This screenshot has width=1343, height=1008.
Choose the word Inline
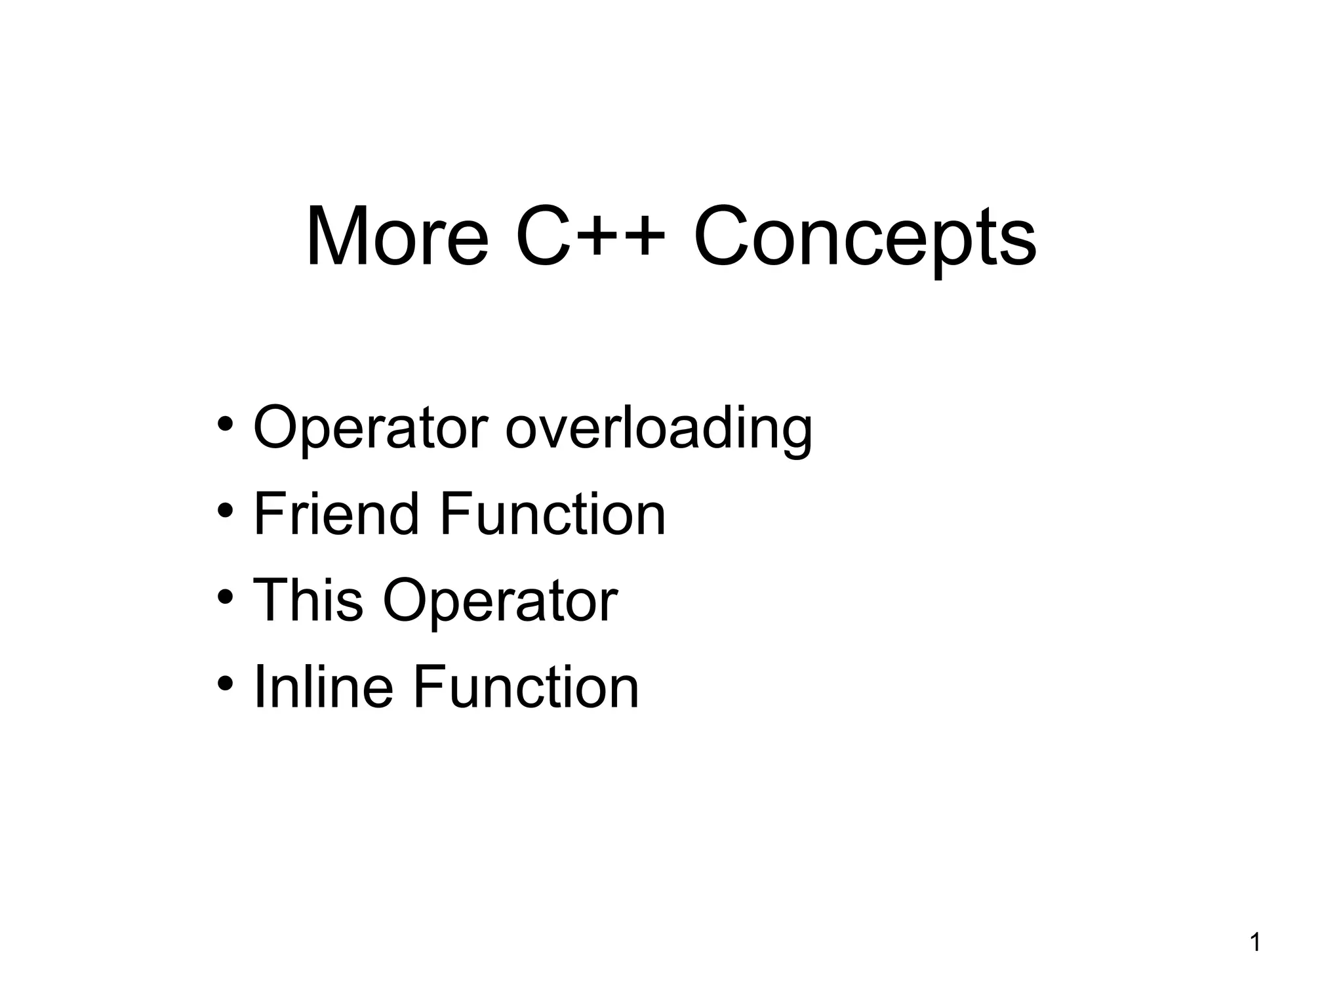click(323, 687)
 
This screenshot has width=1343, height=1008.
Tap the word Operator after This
click(500, 602)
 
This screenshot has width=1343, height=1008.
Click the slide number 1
click(1255, 943)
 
